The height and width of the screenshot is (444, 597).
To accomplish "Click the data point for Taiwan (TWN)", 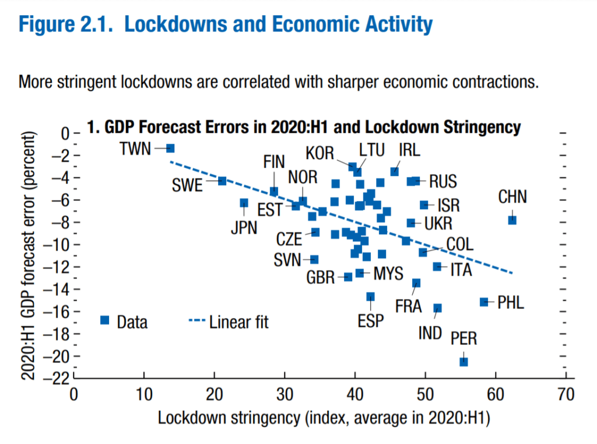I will [170, 149].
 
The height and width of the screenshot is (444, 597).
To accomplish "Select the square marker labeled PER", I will [463, 362].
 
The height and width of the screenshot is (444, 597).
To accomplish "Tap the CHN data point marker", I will [512, 220].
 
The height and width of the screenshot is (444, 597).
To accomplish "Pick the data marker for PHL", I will [484, 302].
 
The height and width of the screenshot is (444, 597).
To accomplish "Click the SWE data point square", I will [222, 181].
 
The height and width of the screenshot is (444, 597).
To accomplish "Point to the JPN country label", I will [244, 228].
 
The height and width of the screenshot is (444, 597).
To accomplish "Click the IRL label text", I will [409, 150].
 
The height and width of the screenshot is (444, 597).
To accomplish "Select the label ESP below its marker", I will [370, 321].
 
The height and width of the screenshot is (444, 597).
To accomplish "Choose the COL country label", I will [460, 244].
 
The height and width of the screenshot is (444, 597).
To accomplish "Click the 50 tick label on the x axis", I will [425, 395].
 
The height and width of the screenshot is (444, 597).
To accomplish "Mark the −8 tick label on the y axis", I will [58, 223].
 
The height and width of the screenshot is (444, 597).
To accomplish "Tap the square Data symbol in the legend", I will [105, 320].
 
